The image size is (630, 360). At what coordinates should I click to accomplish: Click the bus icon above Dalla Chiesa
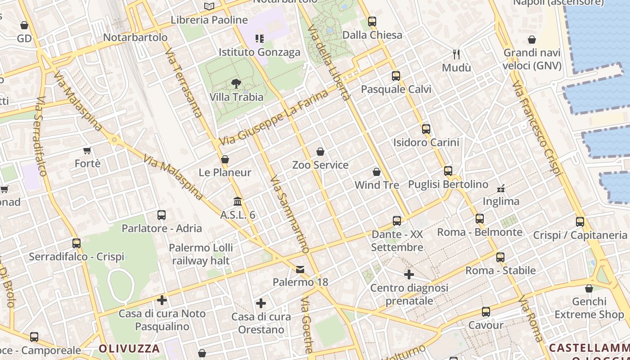(x=372, y=21)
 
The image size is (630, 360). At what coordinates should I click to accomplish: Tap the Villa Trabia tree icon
(x=236, y=83)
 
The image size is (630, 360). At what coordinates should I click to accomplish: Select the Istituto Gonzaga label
(x=259, y=52)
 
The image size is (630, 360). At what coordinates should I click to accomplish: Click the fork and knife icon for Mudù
(x=456, y=54)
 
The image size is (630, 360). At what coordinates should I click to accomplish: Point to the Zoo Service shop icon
(x=320, y=152)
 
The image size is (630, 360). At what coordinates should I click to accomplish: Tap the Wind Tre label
(x=377, y=185)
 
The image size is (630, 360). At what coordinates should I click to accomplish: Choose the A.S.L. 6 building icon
(x=238, y=201)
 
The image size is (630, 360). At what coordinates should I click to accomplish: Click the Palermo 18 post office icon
(x=300, y=269)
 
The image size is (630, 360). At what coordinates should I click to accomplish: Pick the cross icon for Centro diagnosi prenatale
(x=409, y=274)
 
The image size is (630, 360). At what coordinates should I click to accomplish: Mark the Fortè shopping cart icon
(x=87, y=150)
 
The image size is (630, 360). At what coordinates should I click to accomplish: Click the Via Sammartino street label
(x=290, y=214)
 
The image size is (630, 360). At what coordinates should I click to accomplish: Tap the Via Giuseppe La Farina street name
(x=274, y=118)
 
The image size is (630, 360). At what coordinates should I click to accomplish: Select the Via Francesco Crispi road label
(x=537, y=128)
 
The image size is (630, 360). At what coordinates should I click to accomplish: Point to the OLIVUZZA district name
(x=129, y=348)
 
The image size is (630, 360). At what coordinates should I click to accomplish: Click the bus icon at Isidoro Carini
(x=426, y=129)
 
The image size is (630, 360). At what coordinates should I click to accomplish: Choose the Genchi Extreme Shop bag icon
(x=589, y=288)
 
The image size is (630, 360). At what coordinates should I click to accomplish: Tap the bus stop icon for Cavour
(x=486, y=311)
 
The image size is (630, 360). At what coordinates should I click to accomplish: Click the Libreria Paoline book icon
(x=209, y=6)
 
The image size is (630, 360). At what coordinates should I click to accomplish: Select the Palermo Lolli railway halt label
(x=201, y=254)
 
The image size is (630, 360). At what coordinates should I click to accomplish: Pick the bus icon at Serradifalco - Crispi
(x=76, y=243)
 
